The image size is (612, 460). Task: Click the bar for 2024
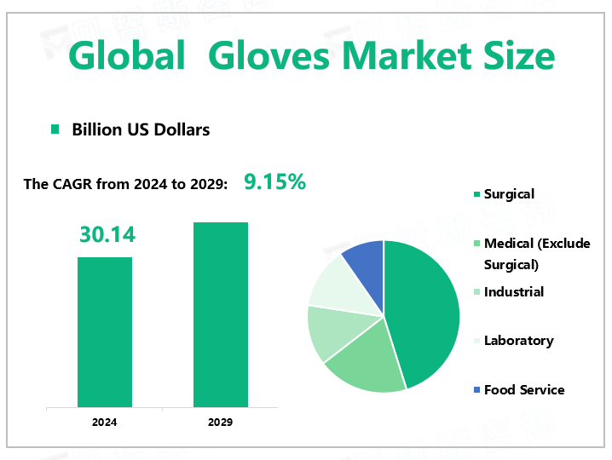[x=105, y=331]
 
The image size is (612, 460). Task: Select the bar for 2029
[x=221, y=314]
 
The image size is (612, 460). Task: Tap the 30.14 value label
[x=107, y=234]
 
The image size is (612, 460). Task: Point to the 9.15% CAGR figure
[x=274, y=181]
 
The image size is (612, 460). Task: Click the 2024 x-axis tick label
[x=105, y=422]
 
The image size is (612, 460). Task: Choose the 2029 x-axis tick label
[x=221, y=422]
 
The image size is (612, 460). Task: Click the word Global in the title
[x=127, y=56]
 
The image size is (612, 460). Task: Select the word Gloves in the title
[x=263, y=56]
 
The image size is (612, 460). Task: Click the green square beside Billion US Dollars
[x=55, y=129]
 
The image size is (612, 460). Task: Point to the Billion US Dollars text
[x=141, y=129]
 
